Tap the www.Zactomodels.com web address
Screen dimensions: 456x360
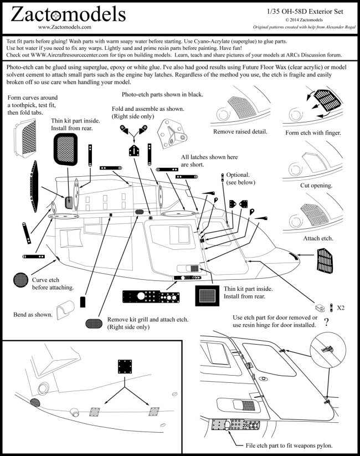tap(65, 27)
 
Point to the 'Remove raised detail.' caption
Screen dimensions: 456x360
tap(240, 131)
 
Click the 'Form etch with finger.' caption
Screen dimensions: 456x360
tap(313, 133)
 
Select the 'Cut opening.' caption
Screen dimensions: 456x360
tap(316, 186)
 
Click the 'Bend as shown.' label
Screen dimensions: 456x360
tap(32, 315)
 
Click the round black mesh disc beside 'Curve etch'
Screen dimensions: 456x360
tap(22, 280)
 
